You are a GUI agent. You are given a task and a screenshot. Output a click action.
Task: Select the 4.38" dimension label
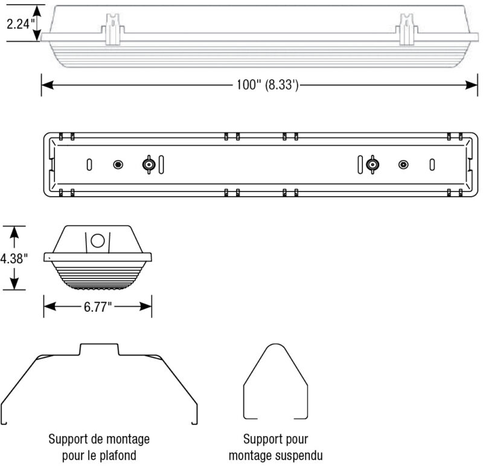[13, 258]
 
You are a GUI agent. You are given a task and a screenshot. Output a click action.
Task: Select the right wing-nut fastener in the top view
[372, 164]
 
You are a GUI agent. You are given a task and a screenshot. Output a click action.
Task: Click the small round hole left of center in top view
[118, 164]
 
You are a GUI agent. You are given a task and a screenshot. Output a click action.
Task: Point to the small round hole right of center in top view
[403, 164]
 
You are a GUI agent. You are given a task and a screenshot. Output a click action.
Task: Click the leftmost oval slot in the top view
[89, 164]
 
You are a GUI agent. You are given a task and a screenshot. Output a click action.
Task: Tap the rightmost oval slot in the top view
[432, 164]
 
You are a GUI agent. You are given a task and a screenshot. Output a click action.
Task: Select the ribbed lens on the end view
[97, 275]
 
